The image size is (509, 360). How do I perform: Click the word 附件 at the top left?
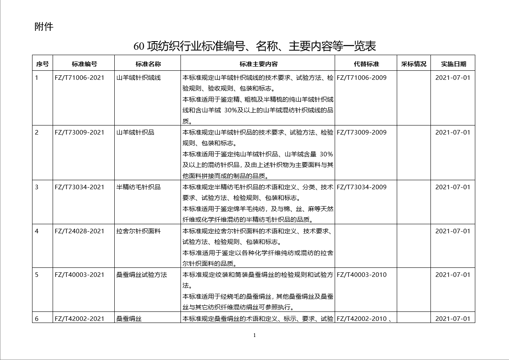coord(44,27)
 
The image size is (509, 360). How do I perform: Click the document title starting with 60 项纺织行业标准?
coord(254,46)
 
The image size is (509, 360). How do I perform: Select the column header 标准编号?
coord(84,64)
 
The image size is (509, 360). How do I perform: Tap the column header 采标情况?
coord(414,64)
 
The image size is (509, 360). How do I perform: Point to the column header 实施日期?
coord(453,64)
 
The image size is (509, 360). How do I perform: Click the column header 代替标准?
coord(366,64)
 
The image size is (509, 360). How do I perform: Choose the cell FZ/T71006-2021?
coord(79,77)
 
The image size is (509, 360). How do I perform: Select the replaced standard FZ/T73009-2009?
coord(362,132)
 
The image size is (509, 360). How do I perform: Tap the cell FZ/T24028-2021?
coord(79,231)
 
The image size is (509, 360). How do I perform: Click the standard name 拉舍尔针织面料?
coord(138,231)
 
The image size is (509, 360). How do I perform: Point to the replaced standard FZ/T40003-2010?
coord(362,274)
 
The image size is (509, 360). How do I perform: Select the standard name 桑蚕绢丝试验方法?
coord(141,274)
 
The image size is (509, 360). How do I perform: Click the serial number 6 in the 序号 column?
coord(37,318)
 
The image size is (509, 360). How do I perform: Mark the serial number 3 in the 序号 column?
coord(37,187)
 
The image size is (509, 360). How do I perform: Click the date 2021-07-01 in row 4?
coord(452,231)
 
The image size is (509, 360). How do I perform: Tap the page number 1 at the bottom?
coord(254,335)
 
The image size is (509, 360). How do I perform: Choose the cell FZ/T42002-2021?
coord(79,318)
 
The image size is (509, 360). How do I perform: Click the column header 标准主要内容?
coord(258,64)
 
